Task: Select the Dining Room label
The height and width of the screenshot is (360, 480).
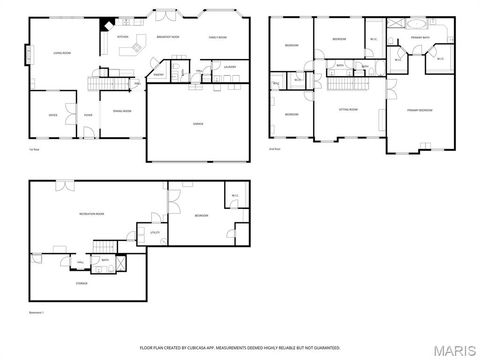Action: click(x=122, y=110)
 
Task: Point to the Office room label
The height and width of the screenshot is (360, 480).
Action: click(x=52, y=114)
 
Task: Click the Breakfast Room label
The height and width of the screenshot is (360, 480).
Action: click(x=169, y=36)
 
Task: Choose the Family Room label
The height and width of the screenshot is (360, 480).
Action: click(x=219, y=36)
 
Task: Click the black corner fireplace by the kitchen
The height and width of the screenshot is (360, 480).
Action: click(x=103, y=27)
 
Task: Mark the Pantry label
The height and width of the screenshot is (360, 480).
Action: click(x=158, y=74)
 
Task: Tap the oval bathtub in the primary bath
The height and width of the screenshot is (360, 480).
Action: click(x=416, y=23)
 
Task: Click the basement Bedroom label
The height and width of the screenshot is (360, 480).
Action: click(x=201, y=215)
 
